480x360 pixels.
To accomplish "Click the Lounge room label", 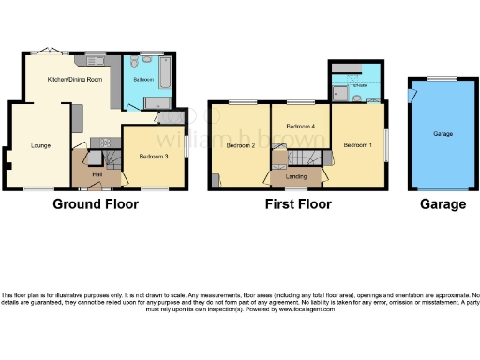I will click(x=39, y=145).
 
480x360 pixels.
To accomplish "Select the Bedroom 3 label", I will click(x=153, y=156).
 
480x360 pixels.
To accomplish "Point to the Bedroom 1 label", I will click(x=357, y=145).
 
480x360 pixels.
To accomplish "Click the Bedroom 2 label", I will click(x=241, y=145).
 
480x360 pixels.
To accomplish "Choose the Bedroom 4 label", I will click(x=300, y=126).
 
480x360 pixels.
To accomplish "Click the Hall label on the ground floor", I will click(x=97, y=174).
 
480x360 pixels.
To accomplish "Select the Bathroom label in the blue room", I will click(x=143, y=81).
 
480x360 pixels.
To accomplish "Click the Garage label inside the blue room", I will click(x=442, y=135).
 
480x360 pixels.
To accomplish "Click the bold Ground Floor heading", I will click(x=96, y=203).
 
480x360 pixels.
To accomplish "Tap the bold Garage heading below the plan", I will click(x=442, y=203).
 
